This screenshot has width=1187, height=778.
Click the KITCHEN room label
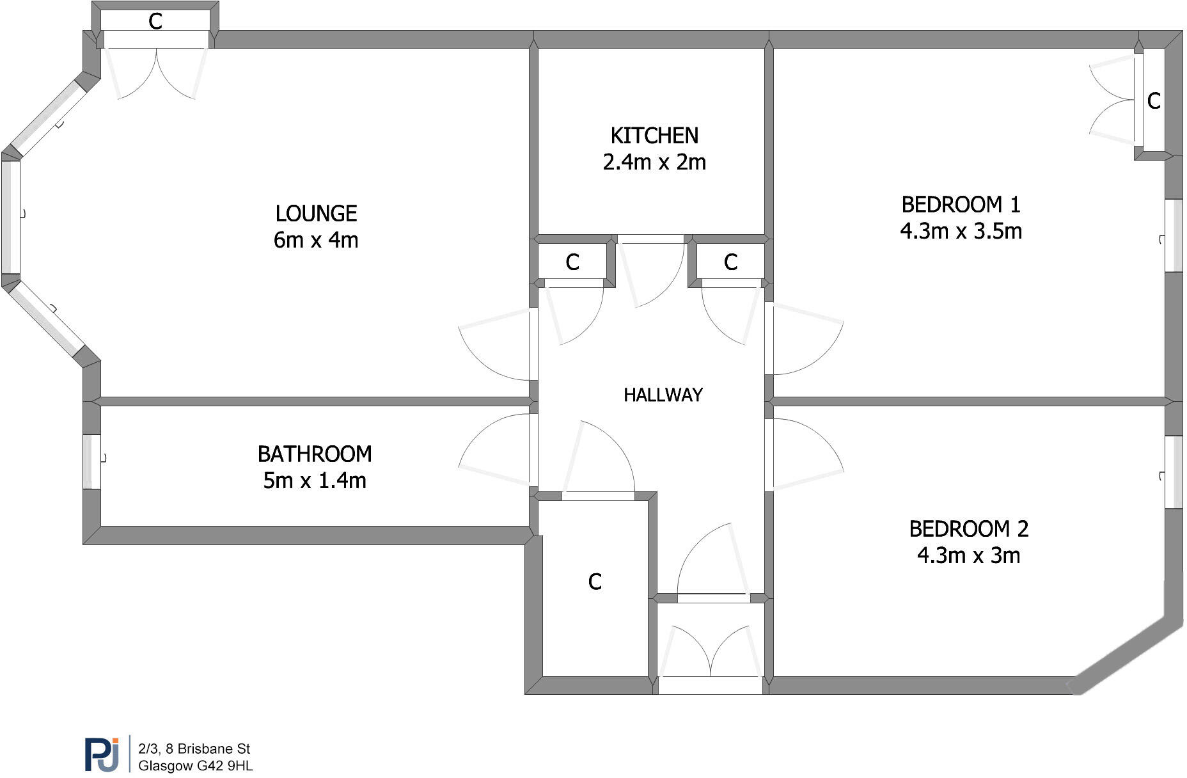[x=654, y=136]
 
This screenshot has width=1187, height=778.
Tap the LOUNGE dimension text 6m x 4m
[x=316, y=240]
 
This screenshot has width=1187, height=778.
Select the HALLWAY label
[x=663, y=395]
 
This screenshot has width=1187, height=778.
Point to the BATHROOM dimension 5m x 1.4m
[x=315, y=480]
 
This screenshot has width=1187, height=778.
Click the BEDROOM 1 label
[x=961, y=205]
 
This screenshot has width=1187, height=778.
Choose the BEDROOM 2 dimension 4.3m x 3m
[x=968, y=555]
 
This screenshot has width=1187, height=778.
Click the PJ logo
[x=102, y=754]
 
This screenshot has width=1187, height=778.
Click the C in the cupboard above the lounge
[x=155, y=22]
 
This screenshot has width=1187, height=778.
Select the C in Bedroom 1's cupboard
[x=1154, y=101]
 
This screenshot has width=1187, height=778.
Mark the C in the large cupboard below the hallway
[x=595, y=582]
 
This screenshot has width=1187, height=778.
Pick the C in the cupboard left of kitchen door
[x=572, y=262]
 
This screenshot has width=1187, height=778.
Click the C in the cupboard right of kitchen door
[x=730, y=262]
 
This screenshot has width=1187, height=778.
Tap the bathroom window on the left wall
[x=91, y=462]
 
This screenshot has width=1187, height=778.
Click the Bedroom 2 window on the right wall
[x=1174, y=472]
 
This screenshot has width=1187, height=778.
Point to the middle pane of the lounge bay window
[x=10, y=217]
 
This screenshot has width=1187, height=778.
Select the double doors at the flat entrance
[x=711, y=653]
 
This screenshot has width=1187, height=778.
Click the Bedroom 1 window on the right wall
[x=1174, y=235]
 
